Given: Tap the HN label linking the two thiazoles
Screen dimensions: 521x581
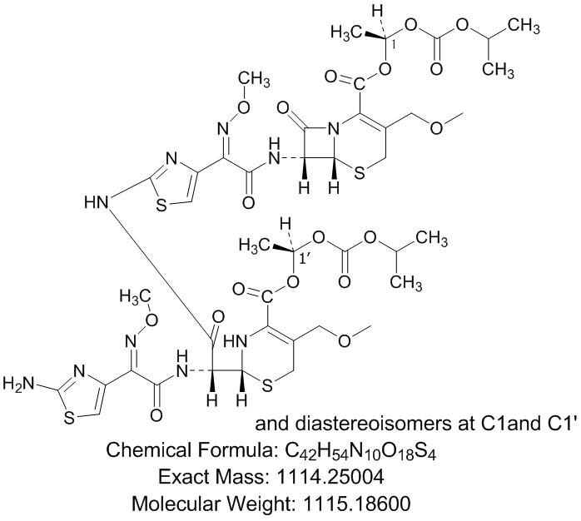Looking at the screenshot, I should [x=97, y=202].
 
